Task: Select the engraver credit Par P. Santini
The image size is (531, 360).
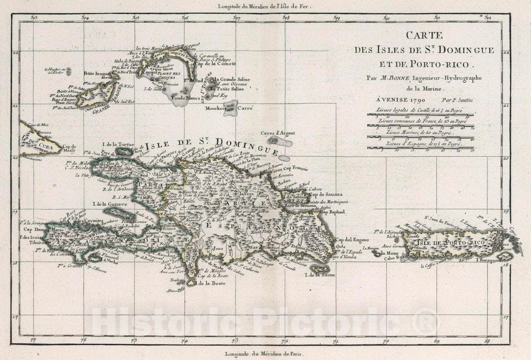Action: coord(457,101)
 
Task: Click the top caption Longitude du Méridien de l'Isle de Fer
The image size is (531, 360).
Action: coord(265,6)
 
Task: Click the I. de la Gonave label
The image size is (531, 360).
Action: coord(110,204)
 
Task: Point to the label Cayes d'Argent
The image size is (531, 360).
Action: coord(277,133)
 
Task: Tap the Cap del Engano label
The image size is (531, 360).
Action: coord(349,240)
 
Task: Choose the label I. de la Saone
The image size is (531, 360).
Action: coord(319,275)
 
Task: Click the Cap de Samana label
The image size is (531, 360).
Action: coord(326,194)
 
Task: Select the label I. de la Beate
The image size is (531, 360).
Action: coord(207,283)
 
